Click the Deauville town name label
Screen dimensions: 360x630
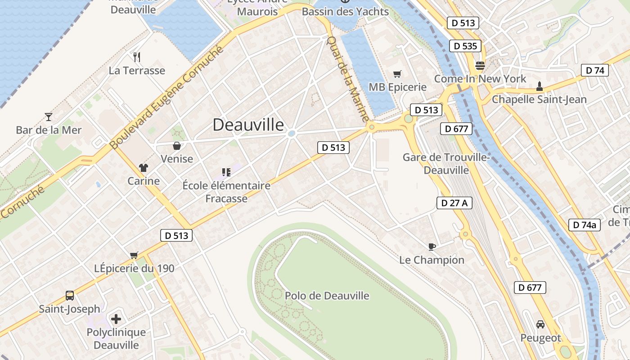[x=248, y=125]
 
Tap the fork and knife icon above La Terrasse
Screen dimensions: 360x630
[x=137, y=57]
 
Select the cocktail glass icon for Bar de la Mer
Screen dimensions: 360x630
[x=49, y=117]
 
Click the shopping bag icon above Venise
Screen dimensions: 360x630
[x=177, y=146]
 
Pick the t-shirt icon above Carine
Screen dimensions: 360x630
[x=144, y=168]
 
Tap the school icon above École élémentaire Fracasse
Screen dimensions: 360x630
[x=226, y=172]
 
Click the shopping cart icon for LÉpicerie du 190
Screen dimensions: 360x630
[x=134, y=255]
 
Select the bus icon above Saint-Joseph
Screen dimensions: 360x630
[x=70, y=296]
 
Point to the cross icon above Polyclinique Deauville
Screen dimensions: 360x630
[x=116, y=319]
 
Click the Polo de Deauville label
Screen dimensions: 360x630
[x=327, y=296]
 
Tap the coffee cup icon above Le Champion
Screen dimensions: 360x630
[x=432, y=247]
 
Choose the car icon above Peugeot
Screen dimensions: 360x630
[x=540, y=324]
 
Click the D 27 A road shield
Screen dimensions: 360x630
[x=454, y=203]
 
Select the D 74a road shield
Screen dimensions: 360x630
[x=585, y=225]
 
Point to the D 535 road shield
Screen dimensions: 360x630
[x=465, y=46]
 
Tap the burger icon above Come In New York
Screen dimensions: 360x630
[x=480, y=66]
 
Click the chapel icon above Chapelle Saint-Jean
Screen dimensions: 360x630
[x=539, y=86]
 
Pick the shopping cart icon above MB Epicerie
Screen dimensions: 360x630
[x=397, y=74]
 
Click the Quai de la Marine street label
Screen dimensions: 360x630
[x=347, y=80]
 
